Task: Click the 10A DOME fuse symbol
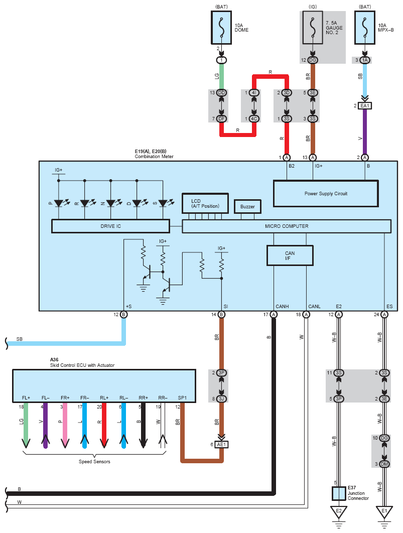click(221, 28)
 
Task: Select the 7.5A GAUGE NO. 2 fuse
click(313, 28)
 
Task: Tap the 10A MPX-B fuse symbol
click(364, 28)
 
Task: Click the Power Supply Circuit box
click(326, 193)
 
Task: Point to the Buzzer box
click(248, 206)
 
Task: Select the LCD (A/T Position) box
click(205, 203)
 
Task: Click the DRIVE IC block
click(110, 226)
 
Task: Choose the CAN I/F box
click(290, 255)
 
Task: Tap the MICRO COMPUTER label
click(287, 226)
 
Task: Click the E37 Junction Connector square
click(339, 493)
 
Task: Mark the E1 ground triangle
click(384, 512)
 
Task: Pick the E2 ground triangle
click(339, 512)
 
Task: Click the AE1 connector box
click(221, 445)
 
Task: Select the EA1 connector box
click(364, 106)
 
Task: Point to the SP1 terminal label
click(182, 397)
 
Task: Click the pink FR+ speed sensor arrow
click(65, 426)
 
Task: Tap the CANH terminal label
click(282, 306)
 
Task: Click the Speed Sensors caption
click(94, 462)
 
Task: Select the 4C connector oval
click(254, 118)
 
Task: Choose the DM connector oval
click(384, 464)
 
